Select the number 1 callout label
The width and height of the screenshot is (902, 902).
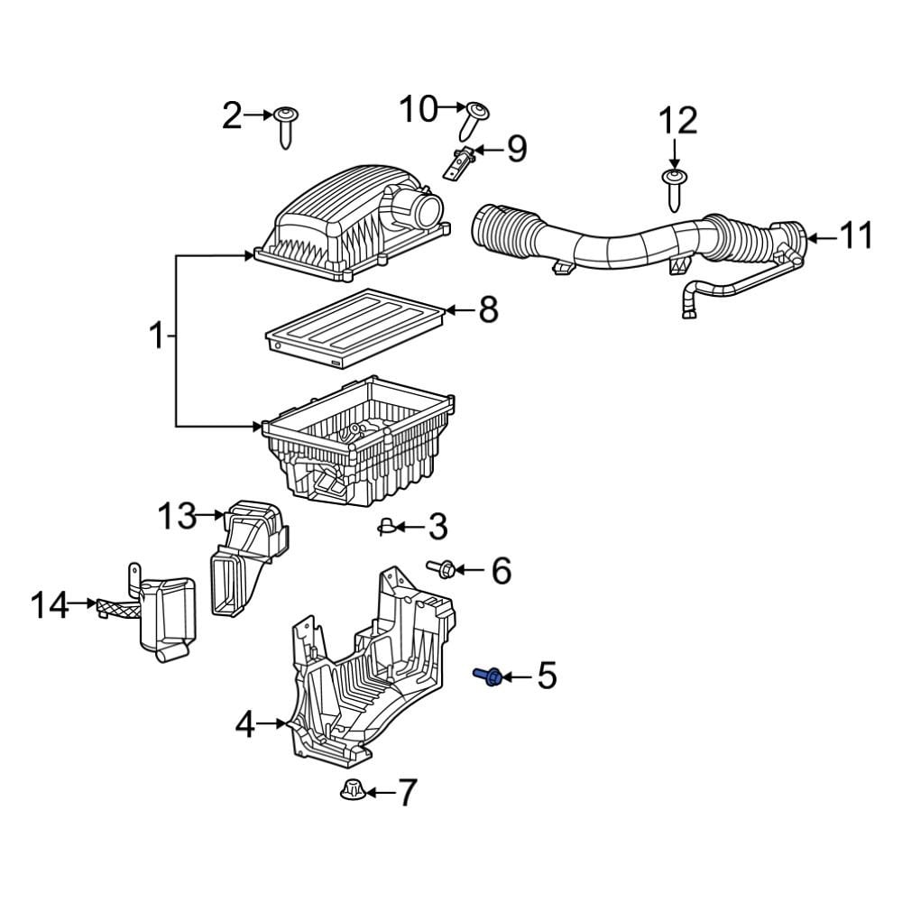(157, 337)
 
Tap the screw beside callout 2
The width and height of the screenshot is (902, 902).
(286, 125)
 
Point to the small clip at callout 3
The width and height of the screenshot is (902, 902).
(385, 527)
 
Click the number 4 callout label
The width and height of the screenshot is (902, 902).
(245, 724)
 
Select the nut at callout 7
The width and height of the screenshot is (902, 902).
(351, 790)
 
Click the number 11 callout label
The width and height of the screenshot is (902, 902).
(856, 236)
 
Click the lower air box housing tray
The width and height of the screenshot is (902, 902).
(361, 442)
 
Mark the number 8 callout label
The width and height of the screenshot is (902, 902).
(487, 310)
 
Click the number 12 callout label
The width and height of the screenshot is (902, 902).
(677, 120)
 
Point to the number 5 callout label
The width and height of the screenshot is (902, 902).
(548, 676)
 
